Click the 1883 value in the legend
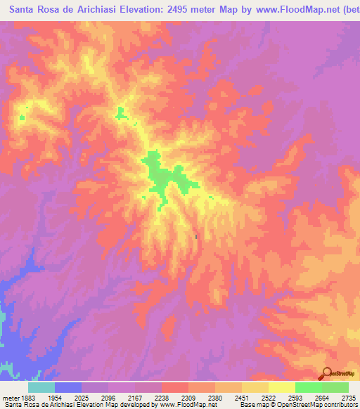pos(28,397)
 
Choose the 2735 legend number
pos(347,397)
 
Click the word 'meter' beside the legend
pos(10,397)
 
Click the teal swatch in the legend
pos(41,387)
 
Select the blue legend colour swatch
pos(68,387)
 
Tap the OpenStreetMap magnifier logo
pos(326,374)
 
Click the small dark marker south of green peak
pos(195,236)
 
